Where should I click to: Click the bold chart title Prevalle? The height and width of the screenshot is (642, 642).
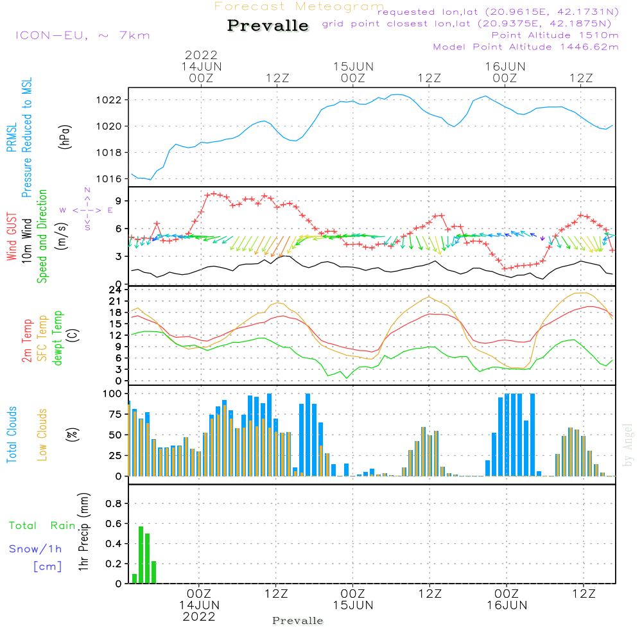coord(268,26)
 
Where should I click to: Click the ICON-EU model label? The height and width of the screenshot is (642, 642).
coord(82,35)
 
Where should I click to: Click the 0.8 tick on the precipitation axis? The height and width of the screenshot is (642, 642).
coord(114,504)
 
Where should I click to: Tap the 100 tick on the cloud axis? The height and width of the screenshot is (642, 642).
coord(112,394)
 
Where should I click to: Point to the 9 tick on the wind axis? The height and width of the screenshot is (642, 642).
coord(118,201)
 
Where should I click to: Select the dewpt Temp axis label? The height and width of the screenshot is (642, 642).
coord(57,338)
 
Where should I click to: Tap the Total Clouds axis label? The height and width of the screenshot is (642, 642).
coord(12,435)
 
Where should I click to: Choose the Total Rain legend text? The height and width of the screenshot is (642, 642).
coord(42,526)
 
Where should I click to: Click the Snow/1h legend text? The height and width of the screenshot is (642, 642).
coord(35,550)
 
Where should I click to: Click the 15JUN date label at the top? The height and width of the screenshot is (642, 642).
coord(353,67)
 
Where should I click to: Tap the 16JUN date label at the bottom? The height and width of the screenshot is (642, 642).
coord(507,605)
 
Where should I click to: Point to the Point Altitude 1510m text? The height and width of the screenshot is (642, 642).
coord(555,35)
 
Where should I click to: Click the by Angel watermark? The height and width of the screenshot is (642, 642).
coord(628,445)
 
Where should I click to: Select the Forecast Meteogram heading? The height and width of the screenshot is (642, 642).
coord(299,6)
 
